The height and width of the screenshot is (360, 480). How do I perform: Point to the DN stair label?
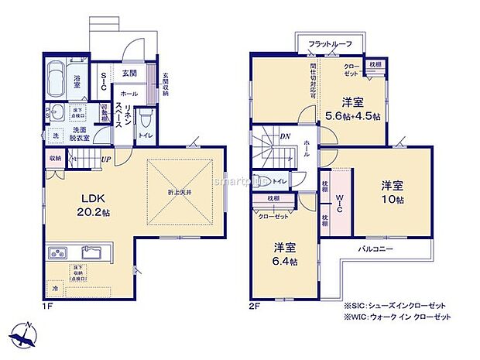284,136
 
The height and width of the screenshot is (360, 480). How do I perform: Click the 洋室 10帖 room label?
391,192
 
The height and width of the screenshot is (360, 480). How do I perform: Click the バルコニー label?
377,249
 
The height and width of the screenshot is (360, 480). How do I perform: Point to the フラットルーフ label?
330,44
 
